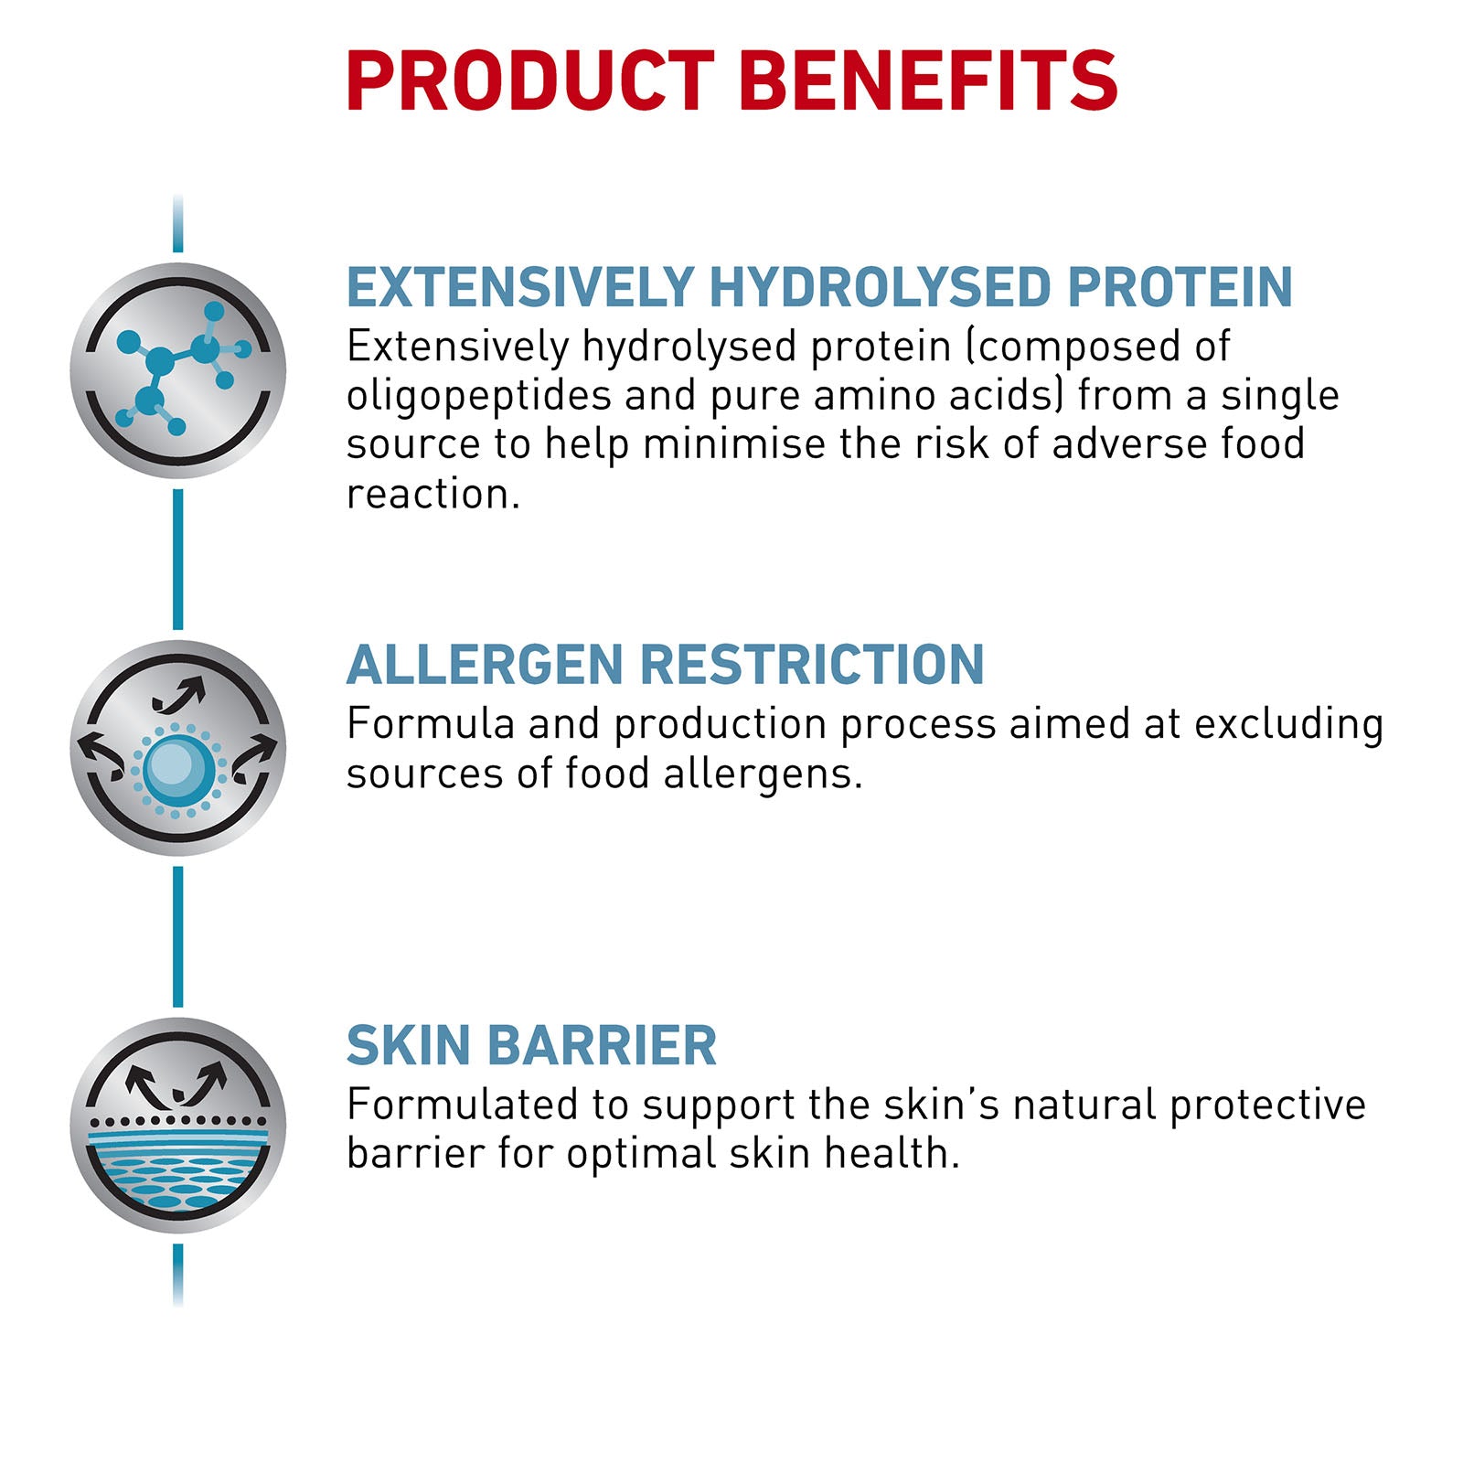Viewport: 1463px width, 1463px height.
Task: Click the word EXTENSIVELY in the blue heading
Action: click(x=520, y=287)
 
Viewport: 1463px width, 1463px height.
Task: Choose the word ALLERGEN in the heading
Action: click(x=484, y=665)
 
